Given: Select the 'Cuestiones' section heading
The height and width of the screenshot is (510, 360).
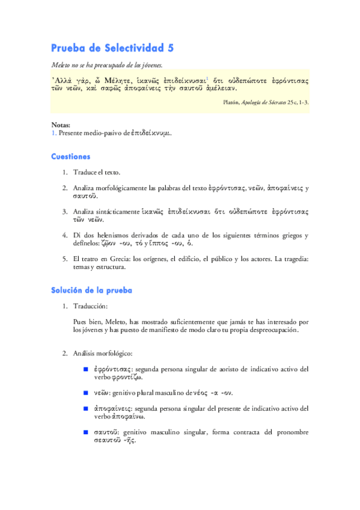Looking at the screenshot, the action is point(70,156).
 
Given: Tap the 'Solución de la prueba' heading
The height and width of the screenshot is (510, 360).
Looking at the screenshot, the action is point(91,290).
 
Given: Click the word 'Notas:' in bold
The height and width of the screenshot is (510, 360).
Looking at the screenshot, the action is point(61,124).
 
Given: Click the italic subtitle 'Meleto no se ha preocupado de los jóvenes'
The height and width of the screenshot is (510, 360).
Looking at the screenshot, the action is point(106,65).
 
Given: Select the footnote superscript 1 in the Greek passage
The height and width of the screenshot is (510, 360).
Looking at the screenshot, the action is point(207,78).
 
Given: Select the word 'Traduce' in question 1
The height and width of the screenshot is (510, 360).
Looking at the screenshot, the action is point(85,172).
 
